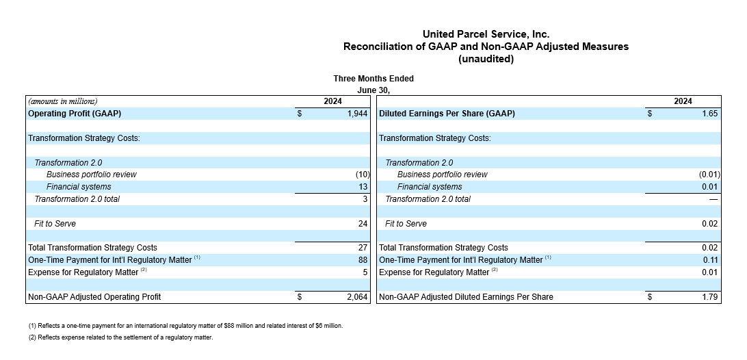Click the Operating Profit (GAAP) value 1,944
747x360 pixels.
point(358,114)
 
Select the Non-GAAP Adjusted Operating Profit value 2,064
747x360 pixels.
point(358,297)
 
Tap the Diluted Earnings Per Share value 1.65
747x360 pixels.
point(710,114)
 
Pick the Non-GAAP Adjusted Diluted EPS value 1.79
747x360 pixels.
point(710,297)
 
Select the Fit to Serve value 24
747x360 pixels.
point(363,224)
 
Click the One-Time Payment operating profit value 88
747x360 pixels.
point(363,260)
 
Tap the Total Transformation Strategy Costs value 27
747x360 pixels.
point(363,248)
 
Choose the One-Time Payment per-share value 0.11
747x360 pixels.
point(710,260)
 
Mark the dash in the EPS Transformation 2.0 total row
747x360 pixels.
point(713,199)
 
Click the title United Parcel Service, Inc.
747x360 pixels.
point(486,34)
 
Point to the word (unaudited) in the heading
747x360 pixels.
point(486,60)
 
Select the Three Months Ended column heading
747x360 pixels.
point(373,79)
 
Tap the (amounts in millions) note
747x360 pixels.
point(63,101)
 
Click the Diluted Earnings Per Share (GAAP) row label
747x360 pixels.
point(447,114)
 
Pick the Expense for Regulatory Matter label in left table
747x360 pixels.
point(82,272)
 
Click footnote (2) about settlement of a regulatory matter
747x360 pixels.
point(121,337)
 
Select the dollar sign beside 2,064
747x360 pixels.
point(300,297)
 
